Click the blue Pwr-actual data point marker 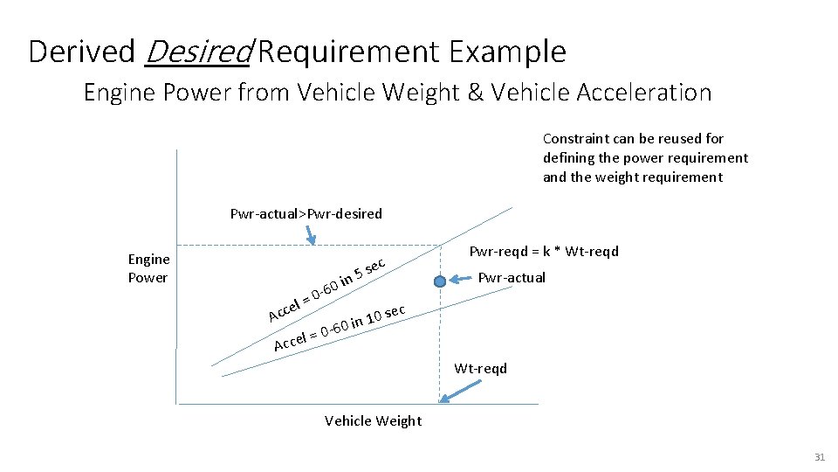point(441,281)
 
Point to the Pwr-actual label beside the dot point(512,278)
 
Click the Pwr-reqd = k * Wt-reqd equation point(544,252)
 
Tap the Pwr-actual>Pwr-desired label point(306,214)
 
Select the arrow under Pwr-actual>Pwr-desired point(308,234)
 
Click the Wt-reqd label point(480,368)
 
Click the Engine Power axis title point(148,268)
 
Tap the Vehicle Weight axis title point(373,420)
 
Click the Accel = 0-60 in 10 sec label point(339,328)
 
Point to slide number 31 point(819,457)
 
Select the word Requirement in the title point(349,52)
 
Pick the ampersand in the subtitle point(476,92)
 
